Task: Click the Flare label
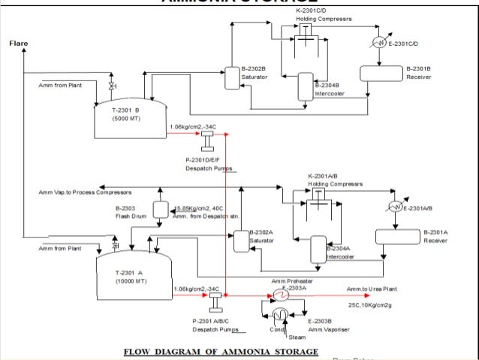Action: click(x=19, y=44)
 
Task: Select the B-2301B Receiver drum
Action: click(x=380, y=72)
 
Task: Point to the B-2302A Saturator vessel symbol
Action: click(x=239, y=241)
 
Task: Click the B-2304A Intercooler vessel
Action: click(x=318, y=249)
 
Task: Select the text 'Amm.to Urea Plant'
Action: click(x=372, y=289)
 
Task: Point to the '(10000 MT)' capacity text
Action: click(x=128, y=280)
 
